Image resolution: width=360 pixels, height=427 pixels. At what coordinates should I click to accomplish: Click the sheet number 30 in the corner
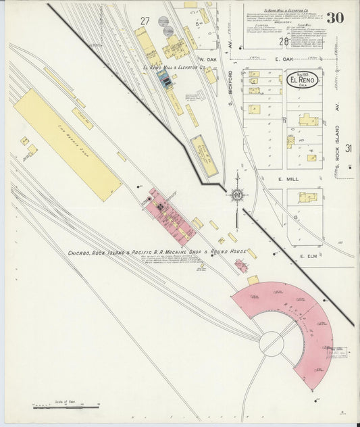tap(334, 18)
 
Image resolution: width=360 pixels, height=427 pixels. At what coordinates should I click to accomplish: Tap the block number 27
tap(145, 21)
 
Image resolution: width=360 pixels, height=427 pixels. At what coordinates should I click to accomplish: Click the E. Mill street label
tap(288, 180)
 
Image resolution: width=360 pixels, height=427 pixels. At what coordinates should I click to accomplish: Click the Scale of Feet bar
tap(66, 407)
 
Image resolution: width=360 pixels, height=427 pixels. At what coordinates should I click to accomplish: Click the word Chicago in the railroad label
tap(80, 253)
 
